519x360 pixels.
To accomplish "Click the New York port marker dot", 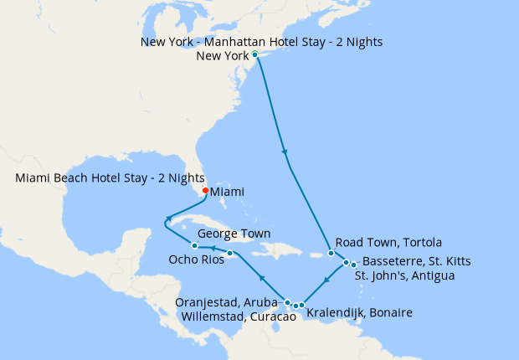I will click(254, 54).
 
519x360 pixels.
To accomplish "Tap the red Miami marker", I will click(205, 189).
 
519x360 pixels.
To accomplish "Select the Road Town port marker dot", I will click(331, 253).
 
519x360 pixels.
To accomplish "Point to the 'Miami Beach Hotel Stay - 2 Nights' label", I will click(110, 177).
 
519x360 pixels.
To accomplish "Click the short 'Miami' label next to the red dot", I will click(228, 192).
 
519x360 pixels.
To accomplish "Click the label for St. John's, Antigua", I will click(404, 275).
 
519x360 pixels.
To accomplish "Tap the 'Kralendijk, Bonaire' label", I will click(360, 313).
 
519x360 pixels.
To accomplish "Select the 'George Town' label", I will click(234, 234).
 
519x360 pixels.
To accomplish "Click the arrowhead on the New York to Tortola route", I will click(285, 152).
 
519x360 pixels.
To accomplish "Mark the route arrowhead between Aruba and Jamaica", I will click(262, 277).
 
